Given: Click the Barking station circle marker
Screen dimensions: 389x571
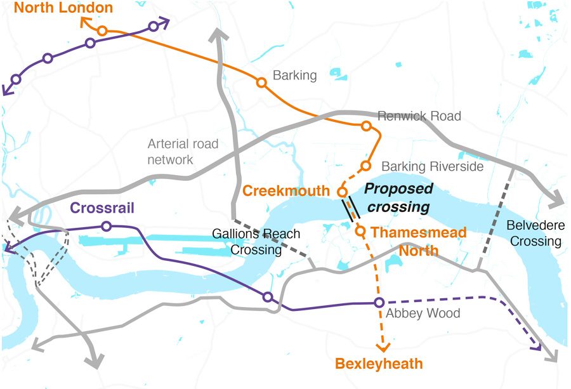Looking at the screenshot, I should click(x=261, y=82).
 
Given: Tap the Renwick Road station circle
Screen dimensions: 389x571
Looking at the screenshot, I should click(x=366, y=126).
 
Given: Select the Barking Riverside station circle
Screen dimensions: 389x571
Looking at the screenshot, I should click(x=365, y=166).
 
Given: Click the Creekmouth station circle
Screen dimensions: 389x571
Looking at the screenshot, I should click(x=341, y=191).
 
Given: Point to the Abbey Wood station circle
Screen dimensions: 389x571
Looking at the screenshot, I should click(x=379, y=302).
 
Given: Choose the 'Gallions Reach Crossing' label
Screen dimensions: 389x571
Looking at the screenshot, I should click(x=265, y=242).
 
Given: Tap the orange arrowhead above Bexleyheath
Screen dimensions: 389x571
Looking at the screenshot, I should click(x=382, y=346).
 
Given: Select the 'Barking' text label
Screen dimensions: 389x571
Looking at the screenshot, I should click(x=294, y=76).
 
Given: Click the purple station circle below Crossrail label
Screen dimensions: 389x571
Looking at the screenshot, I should click(x=106, y=226).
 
